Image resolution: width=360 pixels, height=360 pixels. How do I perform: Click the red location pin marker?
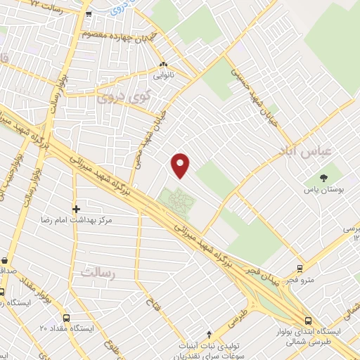181,165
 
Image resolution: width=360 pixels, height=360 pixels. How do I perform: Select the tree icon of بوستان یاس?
323,178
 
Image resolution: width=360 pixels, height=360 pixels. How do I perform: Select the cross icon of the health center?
77,208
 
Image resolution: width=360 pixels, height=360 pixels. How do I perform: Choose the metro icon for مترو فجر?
300,268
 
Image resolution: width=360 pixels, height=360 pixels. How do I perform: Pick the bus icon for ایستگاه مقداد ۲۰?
66,317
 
